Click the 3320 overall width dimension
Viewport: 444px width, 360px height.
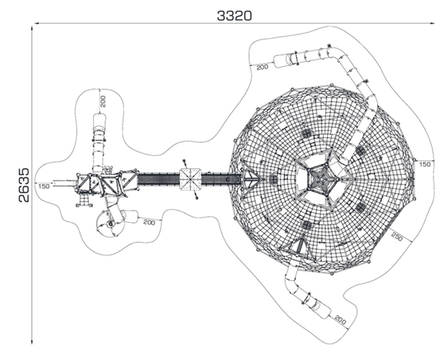click(234, 16)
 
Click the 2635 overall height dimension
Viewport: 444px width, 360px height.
click(24, 185)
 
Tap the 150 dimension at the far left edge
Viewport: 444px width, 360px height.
click(44, 186)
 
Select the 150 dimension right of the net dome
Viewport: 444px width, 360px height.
click(425, 164)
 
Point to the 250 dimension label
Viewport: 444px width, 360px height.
click(397, 237)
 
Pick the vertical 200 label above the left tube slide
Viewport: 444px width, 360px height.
click(103, 101)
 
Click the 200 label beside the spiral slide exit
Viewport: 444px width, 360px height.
click(149, 222)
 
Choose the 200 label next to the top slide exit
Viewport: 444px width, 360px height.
click(262, 67)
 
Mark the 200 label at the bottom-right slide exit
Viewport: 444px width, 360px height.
click(340, 319)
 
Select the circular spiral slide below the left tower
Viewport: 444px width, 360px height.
click(110, 224)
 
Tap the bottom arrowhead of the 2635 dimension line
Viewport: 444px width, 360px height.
click(32, 342)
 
